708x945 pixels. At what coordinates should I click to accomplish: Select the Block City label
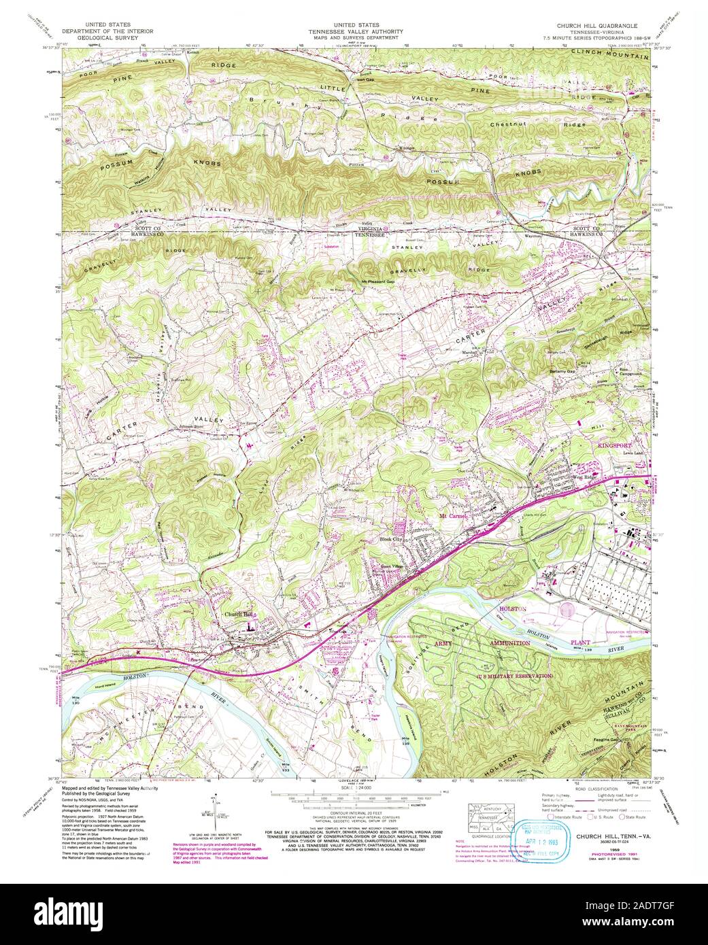pyautogui.click(x=390, y=539)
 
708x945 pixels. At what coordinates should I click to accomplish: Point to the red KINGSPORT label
pyautogui.click(x=614, y=445)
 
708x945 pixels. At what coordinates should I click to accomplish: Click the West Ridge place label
pyautogui.click(x=584, y=478)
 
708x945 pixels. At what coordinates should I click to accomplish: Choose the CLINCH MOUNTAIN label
pyautogui.click(x=611, y=54)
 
